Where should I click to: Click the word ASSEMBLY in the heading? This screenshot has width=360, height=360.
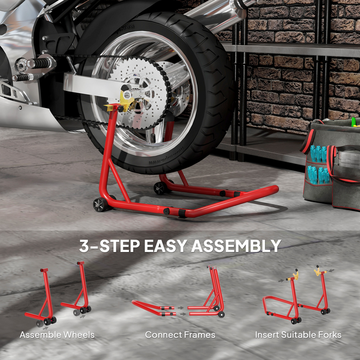[x=236, y=246]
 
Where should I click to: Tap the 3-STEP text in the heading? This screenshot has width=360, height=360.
[x=109, y=246]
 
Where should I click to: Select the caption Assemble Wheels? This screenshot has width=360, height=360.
[x=57, y=335]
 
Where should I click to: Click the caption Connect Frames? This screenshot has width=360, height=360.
[x=180, y=335]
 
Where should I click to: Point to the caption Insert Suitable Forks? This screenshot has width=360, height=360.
[x=298, y=335]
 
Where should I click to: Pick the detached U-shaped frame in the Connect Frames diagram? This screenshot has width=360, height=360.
[x=153, y=308]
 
